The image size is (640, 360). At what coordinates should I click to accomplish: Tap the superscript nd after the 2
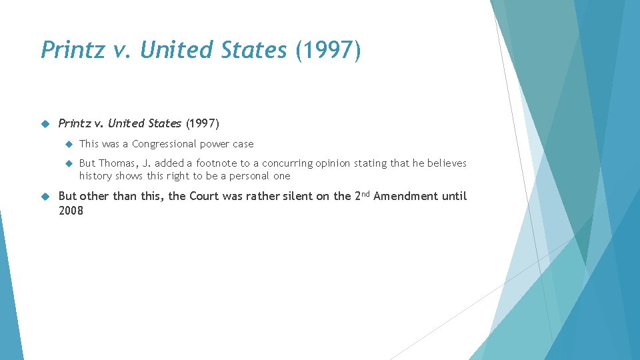click(365, 193)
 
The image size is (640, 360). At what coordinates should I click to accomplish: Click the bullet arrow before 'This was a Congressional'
click(68, 144)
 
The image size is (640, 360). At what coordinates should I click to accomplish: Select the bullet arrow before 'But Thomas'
click(68, 163)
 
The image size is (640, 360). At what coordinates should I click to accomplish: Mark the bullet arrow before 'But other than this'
click(47, 196)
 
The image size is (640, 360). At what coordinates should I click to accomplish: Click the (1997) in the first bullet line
click(202, 123)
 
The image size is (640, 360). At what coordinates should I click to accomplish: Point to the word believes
click(447, 163)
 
